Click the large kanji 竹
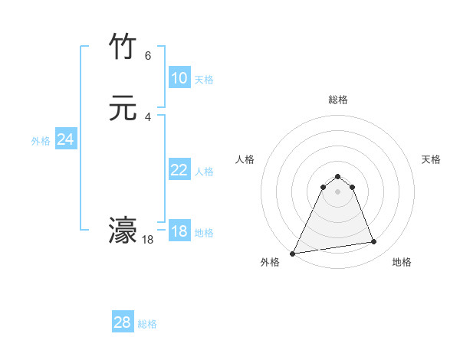pyautogui.click(x=123, y=47)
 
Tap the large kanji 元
pyautogui.click(x=123, y=109)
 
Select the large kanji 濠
pyautogui.click(x=123, y=231)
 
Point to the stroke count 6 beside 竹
pyautogui.click(x=148, y=55)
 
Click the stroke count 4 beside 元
pyautogui.click(x=148, y=116)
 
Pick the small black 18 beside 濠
pyautogui.click(x=148, y=239)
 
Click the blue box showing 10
pyautogui.click(x=179, y=78)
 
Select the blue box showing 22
pyautogui.click(x=179, y=170)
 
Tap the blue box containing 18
pyautogui.click(x=179, y=231)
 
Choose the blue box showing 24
pyautogui.click(x=65, y=139)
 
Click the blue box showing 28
pyautogui.click(x=123, y=322)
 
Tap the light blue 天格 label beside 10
pyautogui.click(x=204, y=80)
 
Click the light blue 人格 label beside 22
pyautogui.click(x=204, y=172)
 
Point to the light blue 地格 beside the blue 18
pyautogui.click(x=204, y=233)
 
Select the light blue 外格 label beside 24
pyautogui.click(x=41, y=141)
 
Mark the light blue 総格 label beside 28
pyautogui.click(x=147, y=324)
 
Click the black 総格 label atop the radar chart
pyautogui.click(x=337, y=100)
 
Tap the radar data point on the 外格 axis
pyautogui.click(x=293, y=253)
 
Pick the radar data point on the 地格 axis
pyautogui.click(x=374, y=242)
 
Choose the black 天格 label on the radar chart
pyautogui.click(x=431, y=159)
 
